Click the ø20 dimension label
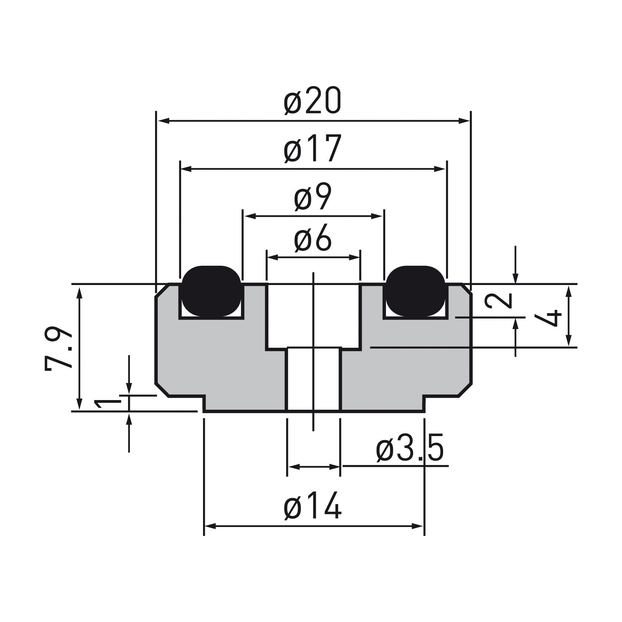[x=312, y=101]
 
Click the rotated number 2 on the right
[x=499, y=301]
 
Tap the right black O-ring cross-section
[x=416, y=291]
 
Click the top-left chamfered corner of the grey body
[x=162, y=290]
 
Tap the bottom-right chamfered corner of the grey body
[x=465, y=390]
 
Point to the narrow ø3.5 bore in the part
[x=314, y=379]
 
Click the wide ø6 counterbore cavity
[x=314, y=315]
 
